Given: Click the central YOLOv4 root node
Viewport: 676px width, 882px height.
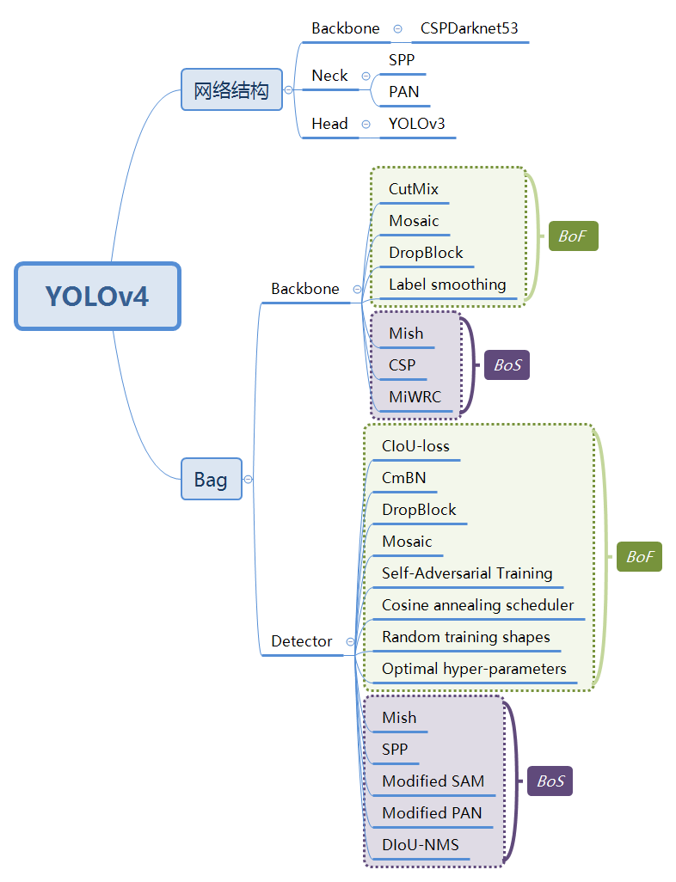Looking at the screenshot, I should [x=97, y=297].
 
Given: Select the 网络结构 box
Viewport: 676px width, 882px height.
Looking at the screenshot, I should [x=231, y=89].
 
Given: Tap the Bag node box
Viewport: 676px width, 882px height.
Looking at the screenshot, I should [x=211, y=479].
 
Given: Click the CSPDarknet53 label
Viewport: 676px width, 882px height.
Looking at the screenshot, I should [x=469, y=28].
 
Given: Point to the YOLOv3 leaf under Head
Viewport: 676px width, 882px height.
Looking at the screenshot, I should [x=416, y=124].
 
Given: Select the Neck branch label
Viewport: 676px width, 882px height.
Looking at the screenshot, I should [x=329, y=76].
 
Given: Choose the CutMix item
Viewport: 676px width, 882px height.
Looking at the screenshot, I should [x=414, y=189].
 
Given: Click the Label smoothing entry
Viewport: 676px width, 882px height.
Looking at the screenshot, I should [x=447, y=285].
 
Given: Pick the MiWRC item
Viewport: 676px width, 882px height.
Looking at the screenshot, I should [x=415, y=396].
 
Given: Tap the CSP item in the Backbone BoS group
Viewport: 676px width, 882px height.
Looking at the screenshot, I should [x=402, y=364].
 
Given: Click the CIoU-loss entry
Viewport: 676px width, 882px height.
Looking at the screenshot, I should [x=415, y=446].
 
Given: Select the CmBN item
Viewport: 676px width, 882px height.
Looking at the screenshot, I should [x=403, y=478].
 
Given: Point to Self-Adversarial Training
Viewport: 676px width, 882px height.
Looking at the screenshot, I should [x=467, y=573].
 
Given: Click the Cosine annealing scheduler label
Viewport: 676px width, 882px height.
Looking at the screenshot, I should [x=477, y=605].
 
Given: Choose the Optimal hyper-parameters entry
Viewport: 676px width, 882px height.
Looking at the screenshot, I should [x=474, y=669].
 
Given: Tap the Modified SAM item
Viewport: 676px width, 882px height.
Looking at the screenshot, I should [x=433, y=781].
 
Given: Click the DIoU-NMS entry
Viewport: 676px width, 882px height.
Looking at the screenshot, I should [x=420, y=845].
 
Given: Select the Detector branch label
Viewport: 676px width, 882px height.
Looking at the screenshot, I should [x=301, y=641].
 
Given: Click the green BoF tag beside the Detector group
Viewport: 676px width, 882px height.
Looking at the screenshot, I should [x=639, y=557].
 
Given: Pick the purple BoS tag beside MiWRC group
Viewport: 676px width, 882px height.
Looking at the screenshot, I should [x=507, y=365].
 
